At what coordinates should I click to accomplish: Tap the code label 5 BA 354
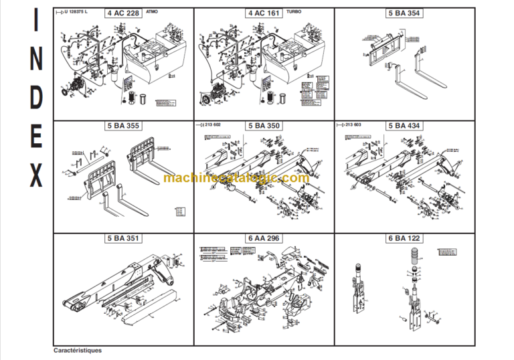[404, 13]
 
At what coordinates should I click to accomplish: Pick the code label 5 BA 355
[123, 125]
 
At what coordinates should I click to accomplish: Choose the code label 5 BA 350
[264, 125]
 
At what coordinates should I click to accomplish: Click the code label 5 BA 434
[404, 125]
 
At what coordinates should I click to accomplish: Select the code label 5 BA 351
[123, 238]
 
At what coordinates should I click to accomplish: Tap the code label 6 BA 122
[404, 238]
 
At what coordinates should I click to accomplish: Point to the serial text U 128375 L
[74, 13]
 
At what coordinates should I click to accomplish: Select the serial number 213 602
[212, 125]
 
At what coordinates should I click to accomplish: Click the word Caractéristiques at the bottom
[78, 350]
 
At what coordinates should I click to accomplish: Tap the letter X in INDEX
[36, 175]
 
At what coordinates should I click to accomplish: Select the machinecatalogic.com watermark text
[236, 178]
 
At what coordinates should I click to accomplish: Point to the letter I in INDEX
[36, 21]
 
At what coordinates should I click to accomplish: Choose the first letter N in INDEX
[36, 60]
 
